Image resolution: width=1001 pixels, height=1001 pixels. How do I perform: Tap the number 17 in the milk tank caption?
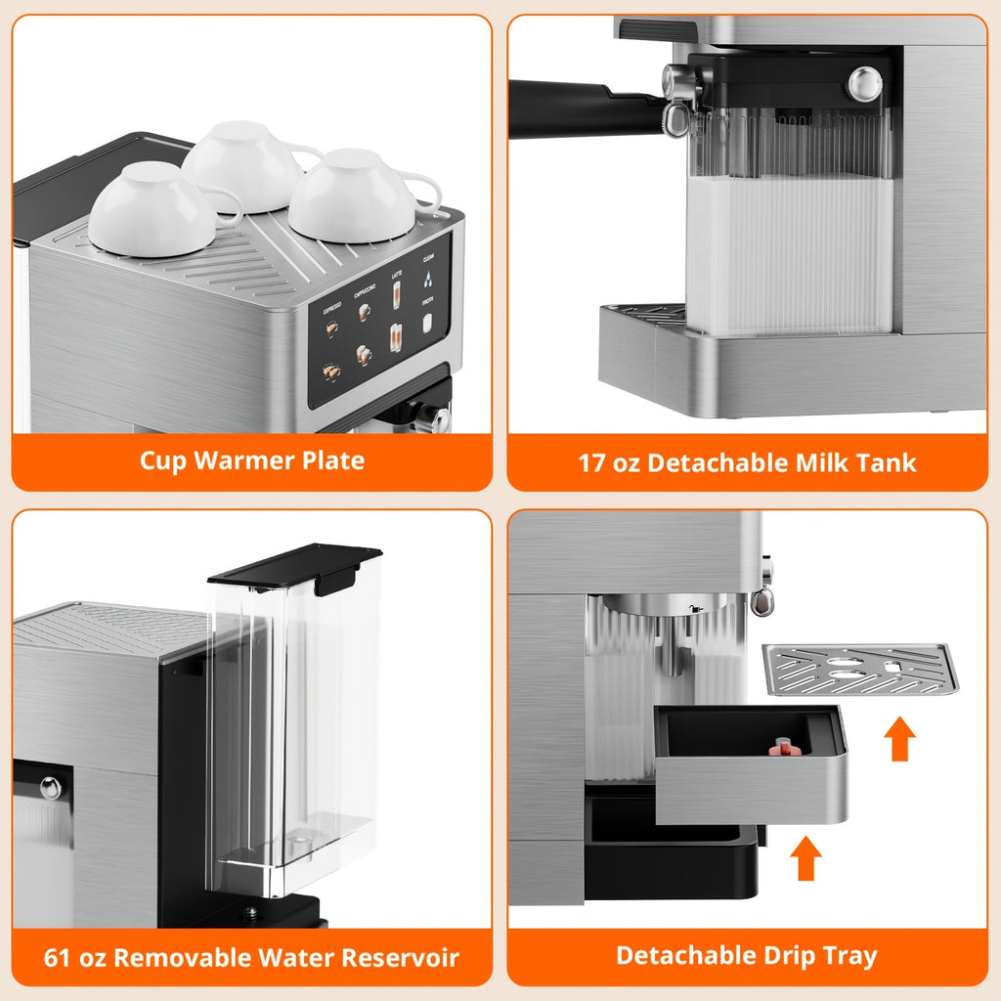click(592, 462)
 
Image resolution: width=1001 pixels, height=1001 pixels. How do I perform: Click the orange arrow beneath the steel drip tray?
click(805, 858)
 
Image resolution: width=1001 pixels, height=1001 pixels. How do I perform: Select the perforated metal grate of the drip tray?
click(860, 669)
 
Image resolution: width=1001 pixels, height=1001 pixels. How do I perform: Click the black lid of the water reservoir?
click(294, 565)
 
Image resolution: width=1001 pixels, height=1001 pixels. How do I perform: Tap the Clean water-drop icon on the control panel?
click(428, 279)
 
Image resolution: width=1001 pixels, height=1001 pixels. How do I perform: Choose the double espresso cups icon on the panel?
click(331, 372)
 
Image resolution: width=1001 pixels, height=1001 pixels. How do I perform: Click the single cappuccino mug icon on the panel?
click(365, 311)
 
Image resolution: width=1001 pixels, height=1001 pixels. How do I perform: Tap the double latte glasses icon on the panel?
click(397, 337)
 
